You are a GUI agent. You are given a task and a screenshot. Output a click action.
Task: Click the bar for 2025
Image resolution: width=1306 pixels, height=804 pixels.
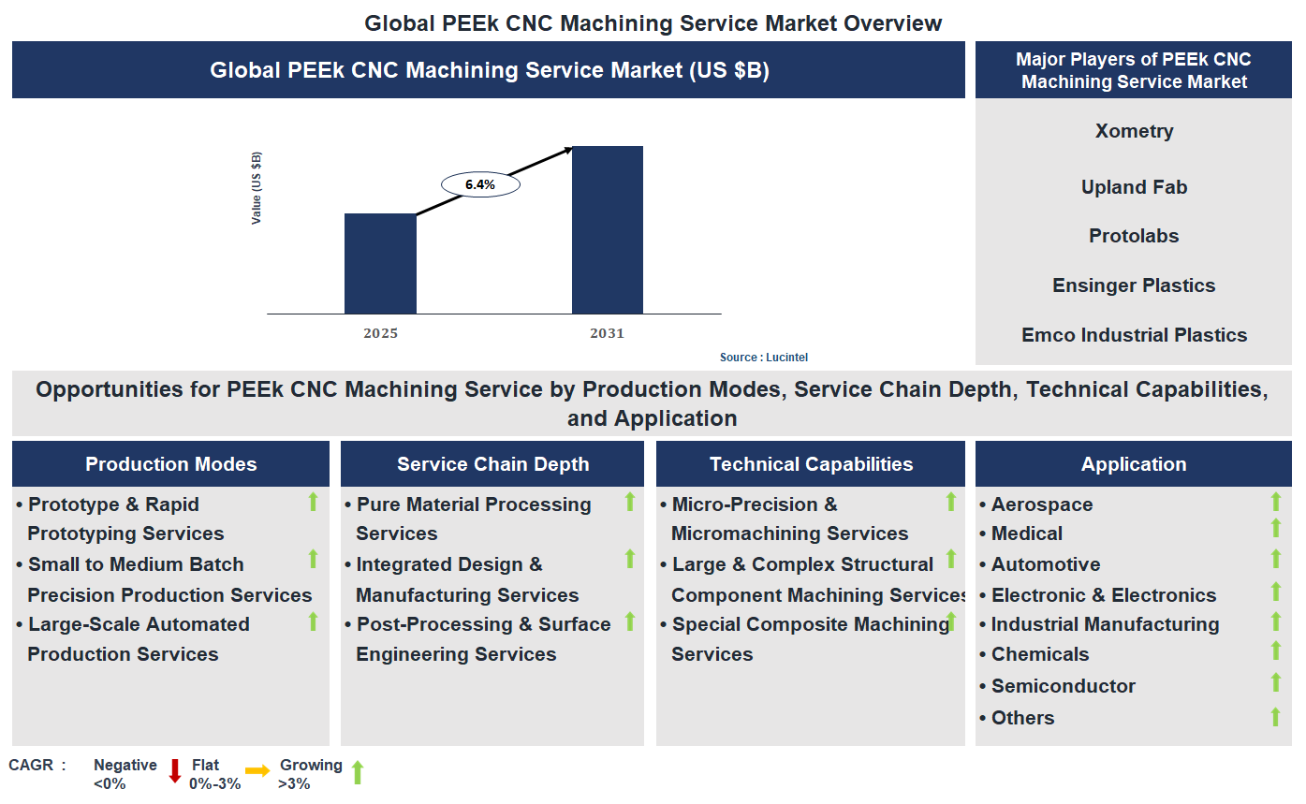point(380,263)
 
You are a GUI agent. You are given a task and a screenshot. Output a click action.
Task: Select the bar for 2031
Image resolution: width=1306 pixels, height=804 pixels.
point(608,229)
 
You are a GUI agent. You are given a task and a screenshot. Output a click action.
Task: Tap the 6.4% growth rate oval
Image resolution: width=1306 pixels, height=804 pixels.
point(480,184)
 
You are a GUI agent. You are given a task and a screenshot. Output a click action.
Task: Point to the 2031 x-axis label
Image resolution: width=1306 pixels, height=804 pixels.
point(607,333)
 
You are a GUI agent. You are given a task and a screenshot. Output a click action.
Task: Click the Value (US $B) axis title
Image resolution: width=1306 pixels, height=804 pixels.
point(257,187)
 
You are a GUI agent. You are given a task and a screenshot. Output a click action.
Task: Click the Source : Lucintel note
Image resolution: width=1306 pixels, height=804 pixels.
point(763,358)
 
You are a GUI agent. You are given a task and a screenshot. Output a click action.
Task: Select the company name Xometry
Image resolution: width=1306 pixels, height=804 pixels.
point(1134,131)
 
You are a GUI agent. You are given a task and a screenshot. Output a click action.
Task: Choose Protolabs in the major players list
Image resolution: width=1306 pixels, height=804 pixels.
point(1134,236)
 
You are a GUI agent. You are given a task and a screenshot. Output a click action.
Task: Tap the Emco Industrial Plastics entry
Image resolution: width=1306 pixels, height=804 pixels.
point(1134,335)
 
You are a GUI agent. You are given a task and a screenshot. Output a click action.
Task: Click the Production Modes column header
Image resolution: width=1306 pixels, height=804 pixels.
point(171,464)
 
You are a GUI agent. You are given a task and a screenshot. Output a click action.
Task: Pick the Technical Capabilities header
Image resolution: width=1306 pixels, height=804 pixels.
point(811,464)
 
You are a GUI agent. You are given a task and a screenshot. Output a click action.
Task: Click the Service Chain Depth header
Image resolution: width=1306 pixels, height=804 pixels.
point(492,464)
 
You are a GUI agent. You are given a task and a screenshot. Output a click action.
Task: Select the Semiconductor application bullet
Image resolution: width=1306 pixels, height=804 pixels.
point(1063,686)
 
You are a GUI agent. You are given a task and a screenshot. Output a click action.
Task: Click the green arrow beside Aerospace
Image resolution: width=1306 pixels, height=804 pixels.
point(1275,503)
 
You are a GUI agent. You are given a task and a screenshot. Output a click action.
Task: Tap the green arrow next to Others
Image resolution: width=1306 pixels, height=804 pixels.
point(1275,717)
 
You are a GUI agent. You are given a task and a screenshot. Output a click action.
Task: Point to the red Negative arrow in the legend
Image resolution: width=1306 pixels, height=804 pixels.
point(174,771)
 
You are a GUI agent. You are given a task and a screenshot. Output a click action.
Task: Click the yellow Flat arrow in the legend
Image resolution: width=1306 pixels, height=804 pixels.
point(257,769)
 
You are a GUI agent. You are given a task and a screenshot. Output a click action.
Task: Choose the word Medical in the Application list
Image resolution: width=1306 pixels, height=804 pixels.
point(1027,534)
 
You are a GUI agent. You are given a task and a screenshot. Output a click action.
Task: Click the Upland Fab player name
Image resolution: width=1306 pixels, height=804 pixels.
point(1134,187)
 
